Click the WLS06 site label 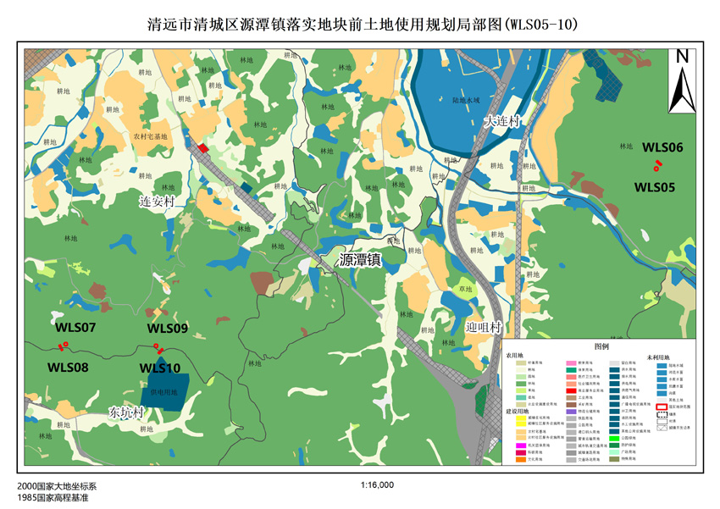click(x=662, y=147)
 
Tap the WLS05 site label click(x=654, y=187)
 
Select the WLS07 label click(x=75, y=327)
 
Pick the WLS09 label click(x=168, y=328)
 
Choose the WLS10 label click(x=160, y=368)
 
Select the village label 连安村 click(x=156, y=202)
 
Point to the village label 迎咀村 click(x=484, y=327)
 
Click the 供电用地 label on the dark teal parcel click(x=163, y=392)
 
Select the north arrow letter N click(x=682, y=57)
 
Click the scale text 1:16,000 click(x=377, y=486)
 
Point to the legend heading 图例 click(x=601, y=347)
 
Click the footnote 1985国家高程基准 click(x=52, y=498)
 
